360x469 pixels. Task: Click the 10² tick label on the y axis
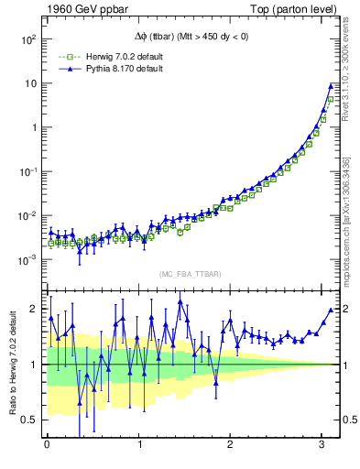click(27, 39)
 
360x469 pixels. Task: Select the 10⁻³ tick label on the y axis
click(27, 260)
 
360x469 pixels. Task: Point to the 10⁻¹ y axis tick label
click(27, 172)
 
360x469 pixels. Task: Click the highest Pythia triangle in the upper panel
click(331, 86)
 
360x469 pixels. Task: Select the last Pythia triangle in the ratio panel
click(331, 310)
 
